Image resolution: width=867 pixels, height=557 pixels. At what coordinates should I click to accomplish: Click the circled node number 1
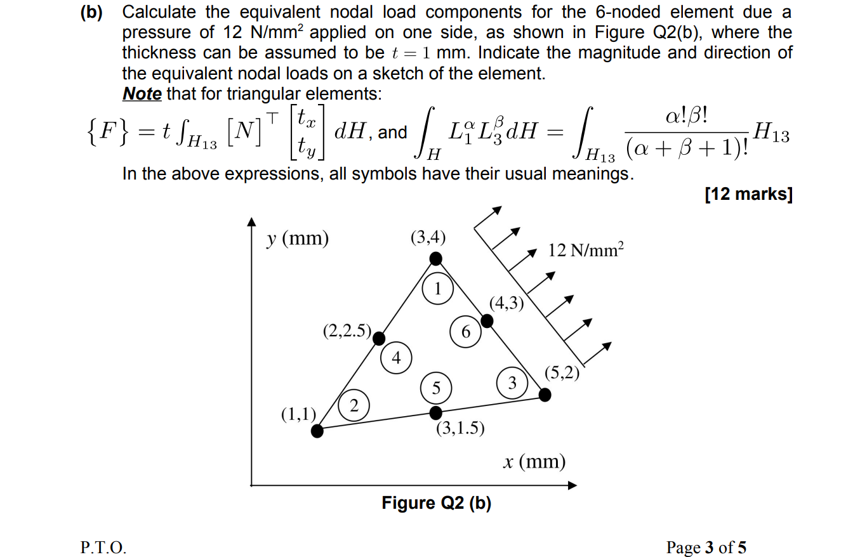[437, 289]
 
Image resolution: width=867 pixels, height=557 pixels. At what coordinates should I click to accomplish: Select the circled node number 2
[354, 405]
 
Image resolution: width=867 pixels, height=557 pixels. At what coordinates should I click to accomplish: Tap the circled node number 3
[512, 382]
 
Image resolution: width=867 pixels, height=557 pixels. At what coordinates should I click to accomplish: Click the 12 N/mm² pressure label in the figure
[586, 250]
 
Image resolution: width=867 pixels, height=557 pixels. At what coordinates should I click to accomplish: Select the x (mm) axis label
[534, 461]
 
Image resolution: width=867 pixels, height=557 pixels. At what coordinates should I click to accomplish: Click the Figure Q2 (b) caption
[437, 503]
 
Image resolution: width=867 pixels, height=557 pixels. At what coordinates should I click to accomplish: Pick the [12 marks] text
[749, 194]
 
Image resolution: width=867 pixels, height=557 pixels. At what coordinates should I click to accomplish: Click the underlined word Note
[142, 94]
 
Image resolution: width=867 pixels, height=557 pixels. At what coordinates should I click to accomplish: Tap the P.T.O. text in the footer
[103, 547]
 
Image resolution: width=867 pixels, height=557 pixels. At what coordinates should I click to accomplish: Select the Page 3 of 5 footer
[706, 547]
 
